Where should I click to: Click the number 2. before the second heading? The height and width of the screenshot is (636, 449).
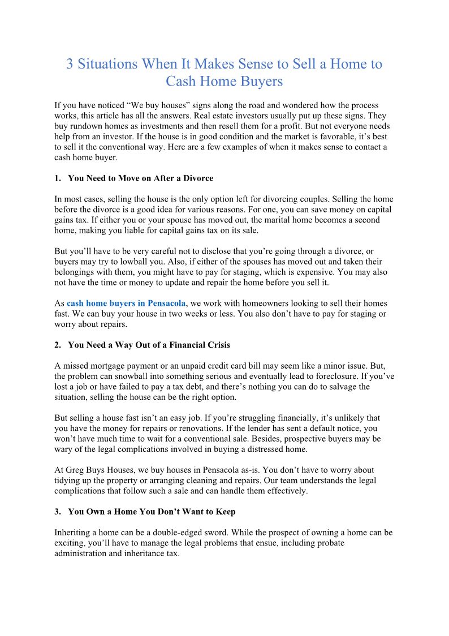pyautogui.click(x=58, y=345)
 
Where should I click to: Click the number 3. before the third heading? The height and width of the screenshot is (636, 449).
pyautogui.click(x=58, y=511)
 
